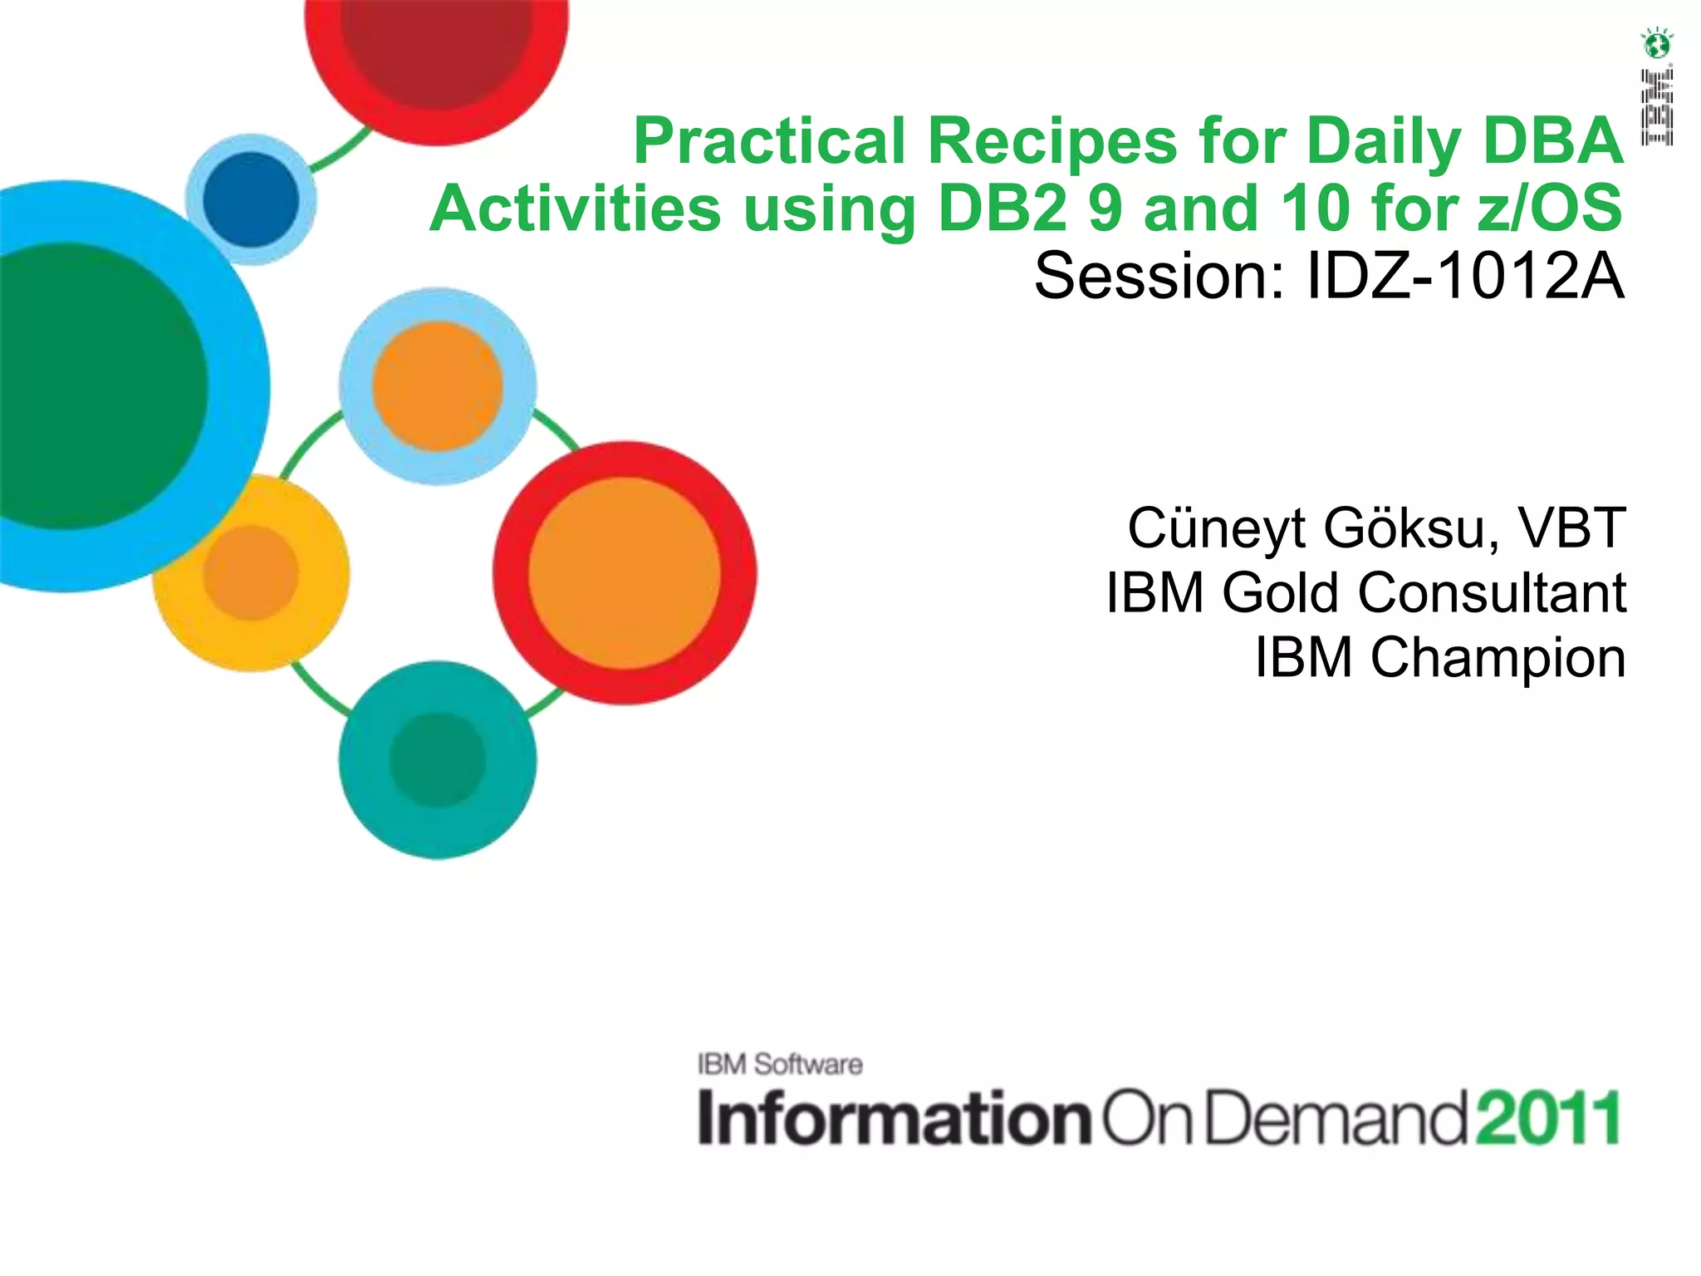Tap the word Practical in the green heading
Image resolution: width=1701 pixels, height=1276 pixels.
pyautogui.click(x=769, y=141)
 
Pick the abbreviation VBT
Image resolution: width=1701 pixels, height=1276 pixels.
pyautogui.click(x=1571, y=528)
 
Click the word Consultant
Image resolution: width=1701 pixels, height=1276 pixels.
pyautogui.click(x=1492, y=593)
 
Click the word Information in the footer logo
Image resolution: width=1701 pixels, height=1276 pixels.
pyautogui.click(x=894, y=1118)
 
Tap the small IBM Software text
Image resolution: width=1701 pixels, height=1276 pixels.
pyautogui.click(x=780, y=1064)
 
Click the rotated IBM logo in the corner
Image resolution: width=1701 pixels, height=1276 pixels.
pyautogui.click(x=1656, y=107)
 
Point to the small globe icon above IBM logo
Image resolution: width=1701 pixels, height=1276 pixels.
pyautogui.click(x=1656, y=43)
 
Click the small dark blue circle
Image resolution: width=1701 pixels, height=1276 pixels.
pyautogui.click(x=251, y=199)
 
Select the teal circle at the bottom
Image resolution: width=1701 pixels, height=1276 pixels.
pyautogui.click(x=437, y=759)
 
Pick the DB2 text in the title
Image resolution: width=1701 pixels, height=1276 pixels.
pyautogui.click(x=1002, y=208)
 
